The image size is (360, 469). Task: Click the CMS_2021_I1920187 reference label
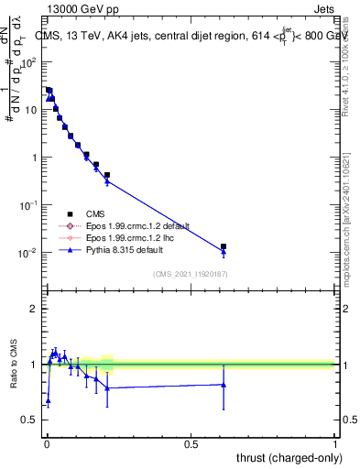(x=190, y=272)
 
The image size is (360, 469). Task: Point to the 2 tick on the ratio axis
(x=34, y=309)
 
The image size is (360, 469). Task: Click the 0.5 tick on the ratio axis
(x=30, y=420)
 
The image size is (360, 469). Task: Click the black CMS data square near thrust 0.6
(x=224, y=246)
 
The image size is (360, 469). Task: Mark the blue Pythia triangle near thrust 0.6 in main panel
(x=224, y=252)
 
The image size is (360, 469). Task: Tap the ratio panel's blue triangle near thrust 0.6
(x=224, y=385)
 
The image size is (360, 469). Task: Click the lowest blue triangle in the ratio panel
(x=48, y=401)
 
